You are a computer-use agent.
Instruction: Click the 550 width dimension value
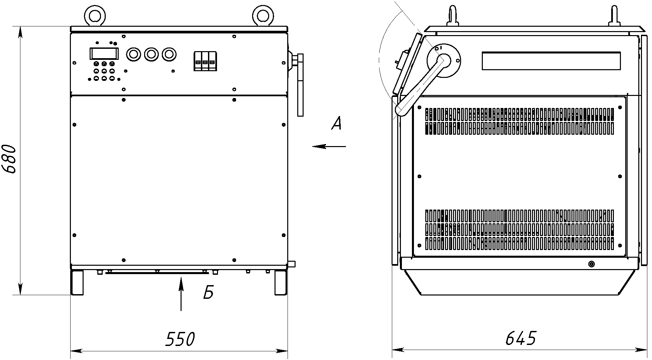coord(180,339)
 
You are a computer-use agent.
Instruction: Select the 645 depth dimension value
coord(521,338)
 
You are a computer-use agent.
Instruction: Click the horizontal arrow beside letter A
coord(329,146)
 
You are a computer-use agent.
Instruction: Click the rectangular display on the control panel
coord(104,54)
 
